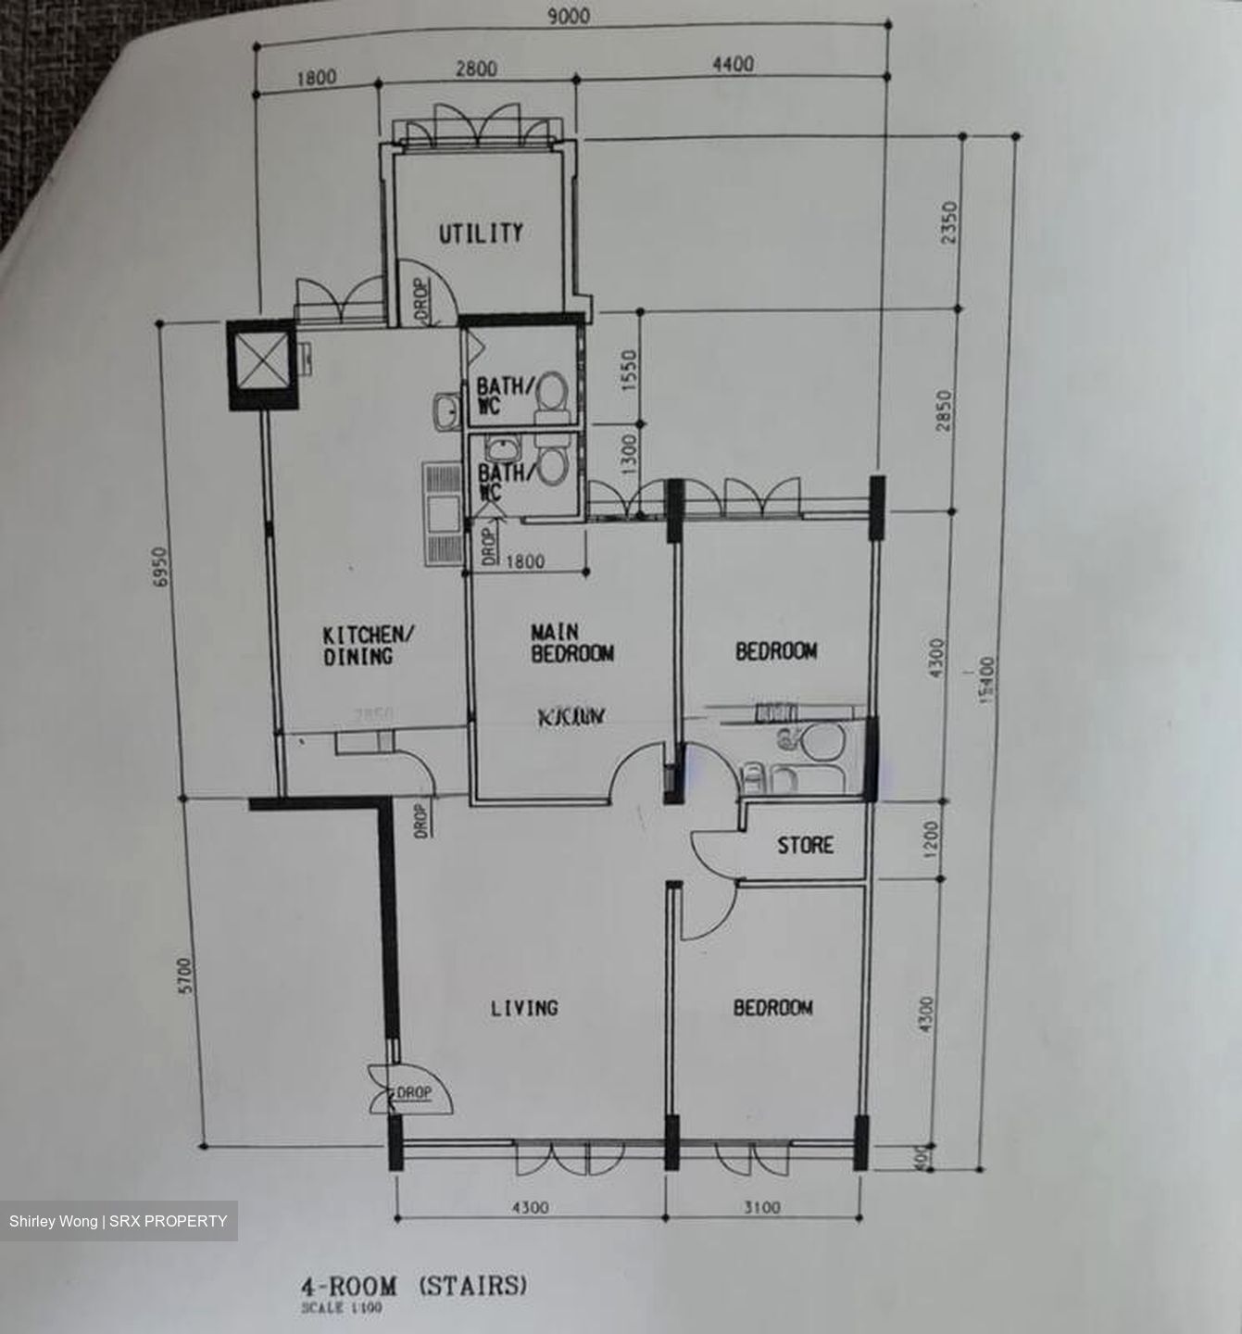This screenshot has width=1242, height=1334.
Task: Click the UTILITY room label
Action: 481,233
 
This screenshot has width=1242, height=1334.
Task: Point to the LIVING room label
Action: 524,1007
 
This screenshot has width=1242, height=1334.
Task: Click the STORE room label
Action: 805,845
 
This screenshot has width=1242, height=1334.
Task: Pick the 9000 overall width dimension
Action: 568,17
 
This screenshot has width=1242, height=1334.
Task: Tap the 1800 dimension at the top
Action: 316,78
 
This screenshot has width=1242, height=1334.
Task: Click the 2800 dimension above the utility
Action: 476,69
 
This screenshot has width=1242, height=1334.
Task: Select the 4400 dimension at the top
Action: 733,64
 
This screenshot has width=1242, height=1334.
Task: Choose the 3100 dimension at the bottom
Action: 762,1207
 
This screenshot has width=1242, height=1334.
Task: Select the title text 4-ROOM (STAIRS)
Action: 413,1286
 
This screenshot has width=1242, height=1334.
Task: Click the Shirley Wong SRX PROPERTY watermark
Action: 119,1221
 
